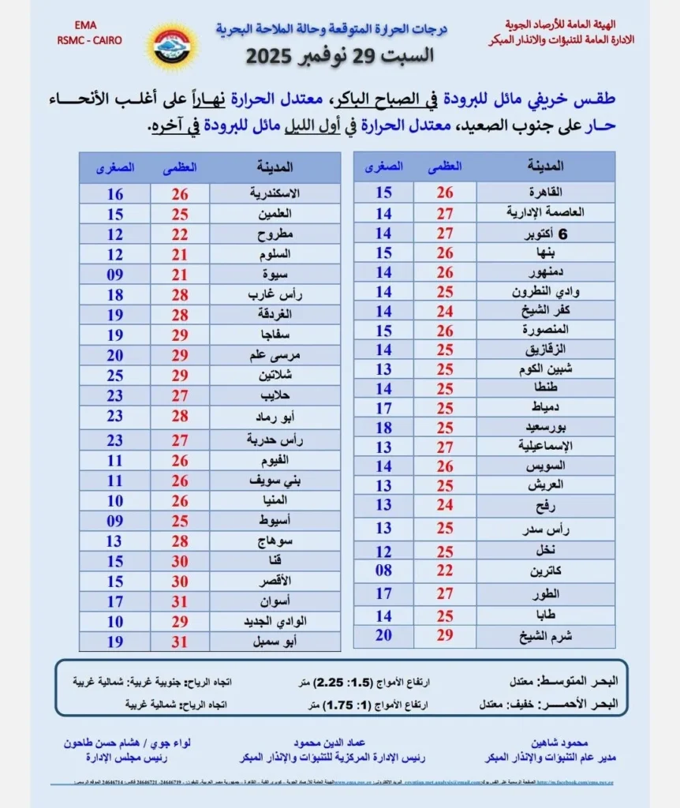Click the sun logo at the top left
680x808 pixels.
(171, 45)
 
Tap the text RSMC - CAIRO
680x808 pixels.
(88, 40)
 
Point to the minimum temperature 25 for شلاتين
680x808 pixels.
(114, 375)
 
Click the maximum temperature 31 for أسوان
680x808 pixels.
(179, 602)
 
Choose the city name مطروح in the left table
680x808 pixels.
(274, 234)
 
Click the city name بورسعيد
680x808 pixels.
(543, 427)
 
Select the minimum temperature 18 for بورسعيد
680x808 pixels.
(383, 427)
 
